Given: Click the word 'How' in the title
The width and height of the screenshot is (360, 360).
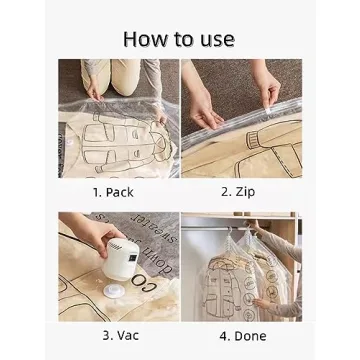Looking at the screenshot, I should (x=144, y=39).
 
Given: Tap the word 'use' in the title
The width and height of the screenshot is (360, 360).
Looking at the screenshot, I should (x=216, y=39).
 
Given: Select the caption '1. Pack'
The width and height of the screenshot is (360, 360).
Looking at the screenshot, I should (x=112, y=191).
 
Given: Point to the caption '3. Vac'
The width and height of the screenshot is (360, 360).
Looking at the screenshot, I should (x=112, y=335).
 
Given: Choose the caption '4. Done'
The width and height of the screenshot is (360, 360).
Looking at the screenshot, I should (x=240, y=335).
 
